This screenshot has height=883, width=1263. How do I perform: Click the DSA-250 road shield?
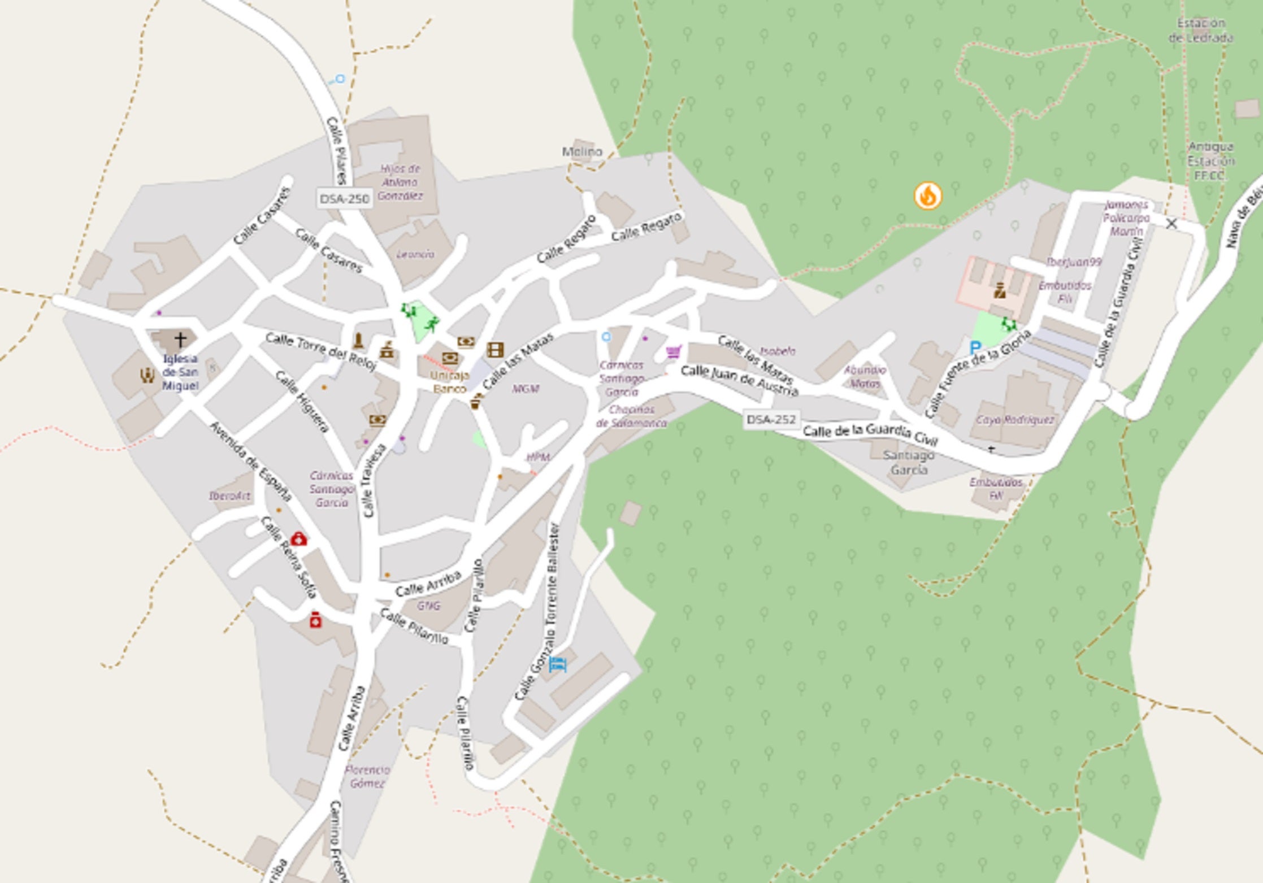coord(344,199)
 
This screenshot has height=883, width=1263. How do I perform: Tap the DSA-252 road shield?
coord(771,420)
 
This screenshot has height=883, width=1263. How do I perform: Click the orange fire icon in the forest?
coord(927,196)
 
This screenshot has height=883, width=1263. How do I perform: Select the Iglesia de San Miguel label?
coord(180,372)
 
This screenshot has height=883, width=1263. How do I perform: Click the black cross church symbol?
coord(180,340)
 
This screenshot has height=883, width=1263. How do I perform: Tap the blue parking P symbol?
coord(975,347)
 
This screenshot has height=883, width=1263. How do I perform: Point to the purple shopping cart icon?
coord(673,352)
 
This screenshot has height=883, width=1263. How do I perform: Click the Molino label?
coord(582,151)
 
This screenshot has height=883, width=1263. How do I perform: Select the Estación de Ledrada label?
coord(1201,31)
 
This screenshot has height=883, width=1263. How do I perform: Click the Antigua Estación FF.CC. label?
coord(1210,161)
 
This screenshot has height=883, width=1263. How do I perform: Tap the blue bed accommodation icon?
coord(557,664)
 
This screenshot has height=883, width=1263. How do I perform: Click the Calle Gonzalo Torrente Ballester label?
coord(537,613)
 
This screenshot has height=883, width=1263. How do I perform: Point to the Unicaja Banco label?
coord(450,382)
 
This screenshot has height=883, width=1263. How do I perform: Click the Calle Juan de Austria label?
coord(739,380)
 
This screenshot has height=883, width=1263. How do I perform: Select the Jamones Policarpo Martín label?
coord(1126,218)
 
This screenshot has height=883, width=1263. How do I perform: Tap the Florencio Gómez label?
coord(367,777)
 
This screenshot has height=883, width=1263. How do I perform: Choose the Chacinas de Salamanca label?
coord(631,416)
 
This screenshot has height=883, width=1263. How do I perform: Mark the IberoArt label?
coord(229,496)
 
